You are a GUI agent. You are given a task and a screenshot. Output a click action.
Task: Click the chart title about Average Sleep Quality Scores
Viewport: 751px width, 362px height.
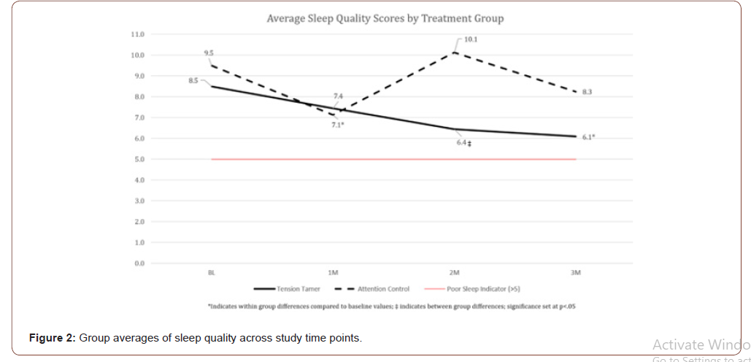pos(385,18)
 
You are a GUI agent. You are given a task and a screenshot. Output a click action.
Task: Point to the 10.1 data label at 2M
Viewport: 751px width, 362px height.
pos(471,39)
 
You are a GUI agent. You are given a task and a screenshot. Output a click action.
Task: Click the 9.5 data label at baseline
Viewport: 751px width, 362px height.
pos(208,53)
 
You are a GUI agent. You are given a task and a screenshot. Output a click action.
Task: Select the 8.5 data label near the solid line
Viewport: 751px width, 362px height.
pos(193,80)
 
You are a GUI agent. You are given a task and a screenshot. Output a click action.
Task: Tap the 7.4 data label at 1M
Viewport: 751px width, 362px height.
pos(338,96)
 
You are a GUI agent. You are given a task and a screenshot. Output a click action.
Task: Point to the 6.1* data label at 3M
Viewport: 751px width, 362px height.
pos(588,137)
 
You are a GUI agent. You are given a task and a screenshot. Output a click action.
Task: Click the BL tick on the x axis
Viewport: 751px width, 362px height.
pos(212,272)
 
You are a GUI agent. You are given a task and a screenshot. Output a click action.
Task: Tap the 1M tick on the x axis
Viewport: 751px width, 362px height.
pos(333,272)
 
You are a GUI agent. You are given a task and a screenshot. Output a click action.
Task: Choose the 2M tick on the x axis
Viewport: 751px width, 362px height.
pos(455,272)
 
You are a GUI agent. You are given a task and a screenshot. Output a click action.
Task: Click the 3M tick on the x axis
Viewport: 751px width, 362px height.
pos(576,272)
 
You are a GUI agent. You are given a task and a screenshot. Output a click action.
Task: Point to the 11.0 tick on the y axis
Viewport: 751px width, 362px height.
pos(137,34)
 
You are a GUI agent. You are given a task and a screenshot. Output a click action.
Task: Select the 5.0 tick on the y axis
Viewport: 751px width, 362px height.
pos(139,159)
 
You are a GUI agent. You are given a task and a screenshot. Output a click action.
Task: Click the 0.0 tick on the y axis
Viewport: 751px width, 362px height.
pos(139,263)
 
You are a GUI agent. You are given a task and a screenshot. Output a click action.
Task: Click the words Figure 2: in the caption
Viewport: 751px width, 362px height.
pos(53,338)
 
